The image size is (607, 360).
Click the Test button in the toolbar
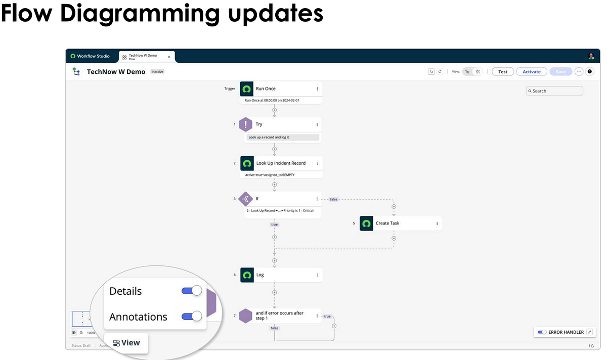click(503, 72)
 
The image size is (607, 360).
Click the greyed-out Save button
click(561, 72)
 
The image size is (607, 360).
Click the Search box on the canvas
click(555, 91)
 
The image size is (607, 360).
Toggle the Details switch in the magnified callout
click(192, 291)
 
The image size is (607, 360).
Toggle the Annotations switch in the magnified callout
click(192, 317)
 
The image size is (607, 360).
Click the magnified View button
click(126, 343)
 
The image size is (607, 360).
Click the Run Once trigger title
click(266, 88)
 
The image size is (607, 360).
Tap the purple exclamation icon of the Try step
click(246, 124)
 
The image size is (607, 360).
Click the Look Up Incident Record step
click(281, 163)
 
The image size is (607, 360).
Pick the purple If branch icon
click(246, 199)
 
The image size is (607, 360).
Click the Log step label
click(260, 275)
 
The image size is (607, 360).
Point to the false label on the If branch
click(334, 199)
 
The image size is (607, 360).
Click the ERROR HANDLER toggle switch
click(542, 332)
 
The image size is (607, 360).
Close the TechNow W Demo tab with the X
click(169, 57)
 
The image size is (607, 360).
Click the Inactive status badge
click(157, 72)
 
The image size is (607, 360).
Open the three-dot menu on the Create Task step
click(437, 223)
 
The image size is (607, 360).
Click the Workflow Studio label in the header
click(93, 56)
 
